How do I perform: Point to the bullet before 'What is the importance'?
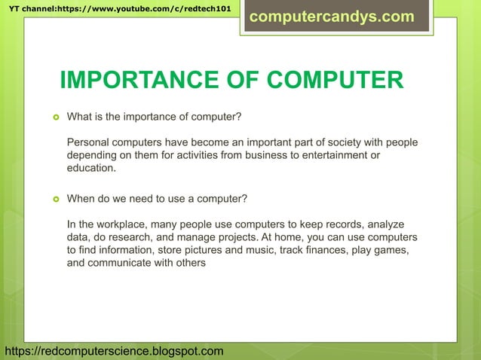pyautogui.click(x=55, y=117)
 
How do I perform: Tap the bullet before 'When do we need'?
pyautogui.click(x=55, y=200)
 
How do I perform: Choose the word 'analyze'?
pyautogui.click(x=382, y=224)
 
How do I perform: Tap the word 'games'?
pyautogui.click(x=392, y=250)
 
